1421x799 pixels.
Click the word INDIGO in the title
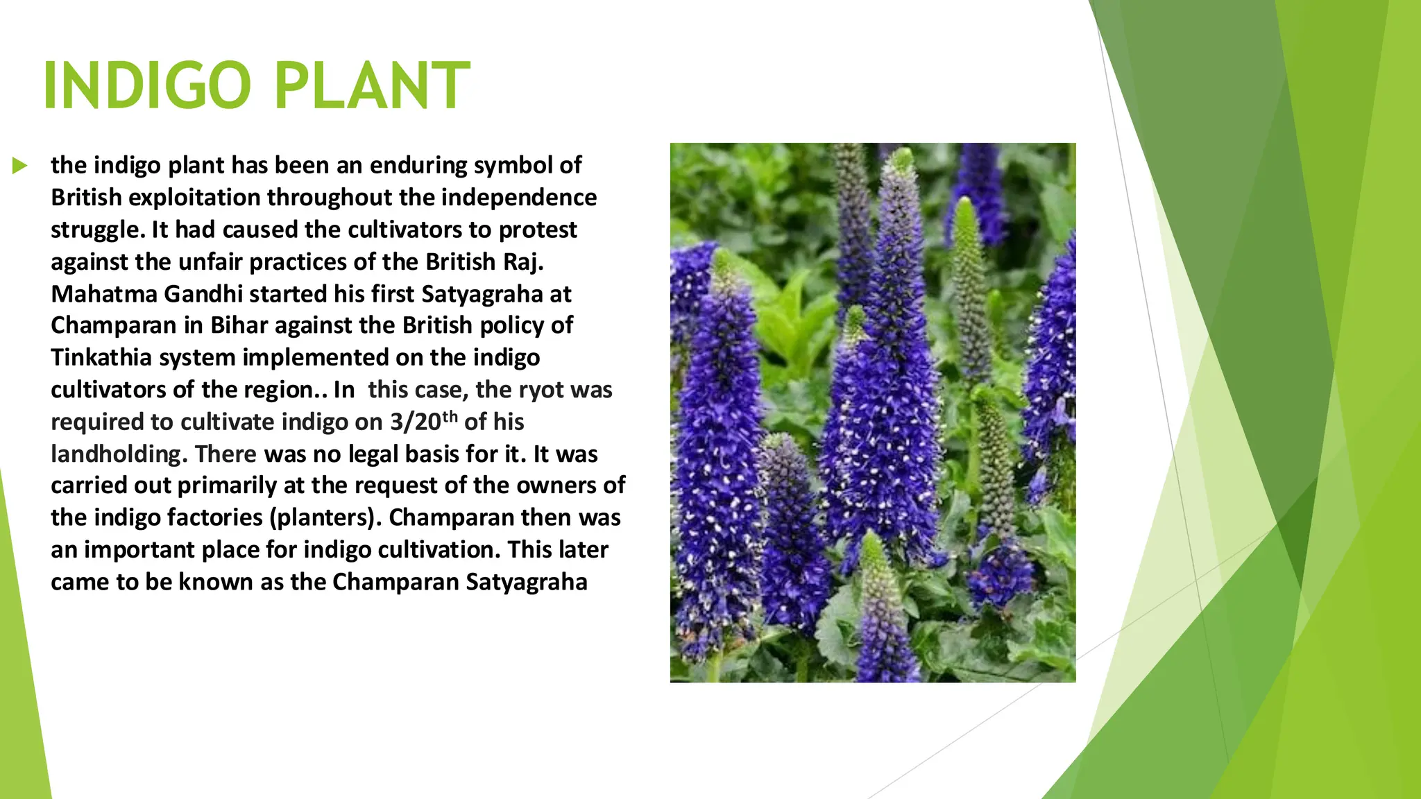146,86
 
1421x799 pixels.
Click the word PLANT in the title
373,86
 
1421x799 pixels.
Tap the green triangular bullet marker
19,166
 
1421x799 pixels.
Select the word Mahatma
104,294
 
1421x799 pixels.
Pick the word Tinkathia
101,358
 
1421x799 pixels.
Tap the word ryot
541,390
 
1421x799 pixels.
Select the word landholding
117,454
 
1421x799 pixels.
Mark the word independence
519,198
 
